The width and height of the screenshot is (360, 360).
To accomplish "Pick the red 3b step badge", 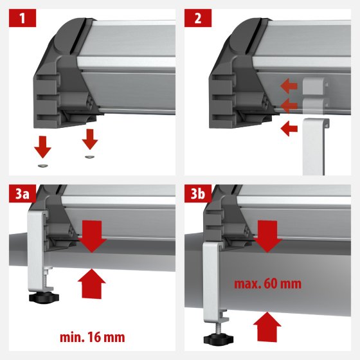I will (x=198, y=194).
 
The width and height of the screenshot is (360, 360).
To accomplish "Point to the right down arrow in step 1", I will (x=90, y=138).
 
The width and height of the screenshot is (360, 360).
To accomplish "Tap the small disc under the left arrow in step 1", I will (x=43, y=165).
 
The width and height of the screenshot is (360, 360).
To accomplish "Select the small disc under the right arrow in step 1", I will (x=89, y=156).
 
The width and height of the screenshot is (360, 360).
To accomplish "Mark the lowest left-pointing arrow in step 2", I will (x=289, y=128).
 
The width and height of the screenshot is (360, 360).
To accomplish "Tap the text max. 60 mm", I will (x=269, y=283).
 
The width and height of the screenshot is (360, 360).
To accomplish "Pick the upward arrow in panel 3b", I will (x=269, y=327).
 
